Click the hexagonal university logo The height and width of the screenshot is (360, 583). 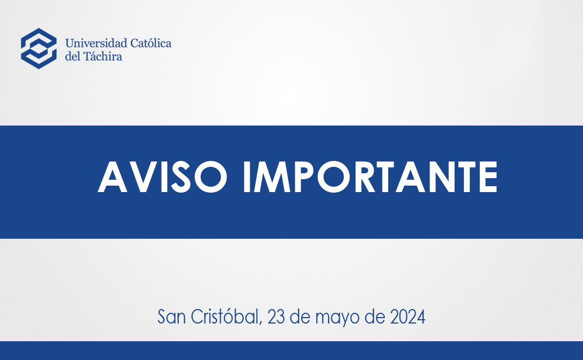[39, 48]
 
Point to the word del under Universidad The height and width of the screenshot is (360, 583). [72, 56]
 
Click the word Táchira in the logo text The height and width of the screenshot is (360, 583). [103, 56]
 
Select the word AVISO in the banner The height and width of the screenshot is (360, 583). [163, 177]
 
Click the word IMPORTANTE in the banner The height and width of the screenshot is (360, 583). [370, 177]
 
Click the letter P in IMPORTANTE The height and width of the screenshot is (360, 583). [304, 177]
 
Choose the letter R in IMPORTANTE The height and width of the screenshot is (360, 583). [365, 177]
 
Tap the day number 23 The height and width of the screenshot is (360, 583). [276, 317]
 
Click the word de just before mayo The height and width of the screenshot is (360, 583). [300, 317]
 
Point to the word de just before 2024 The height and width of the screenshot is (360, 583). [375, 317]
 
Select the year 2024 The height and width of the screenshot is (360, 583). [407, 317]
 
